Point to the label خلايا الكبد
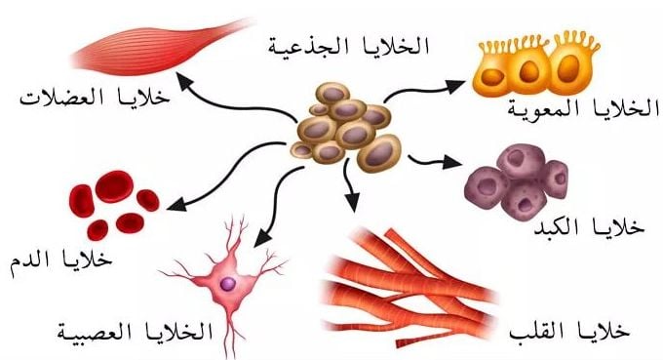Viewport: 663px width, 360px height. (x=587, y=227)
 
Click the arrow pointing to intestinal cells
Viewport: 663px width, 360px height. (x=419, y=90)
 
